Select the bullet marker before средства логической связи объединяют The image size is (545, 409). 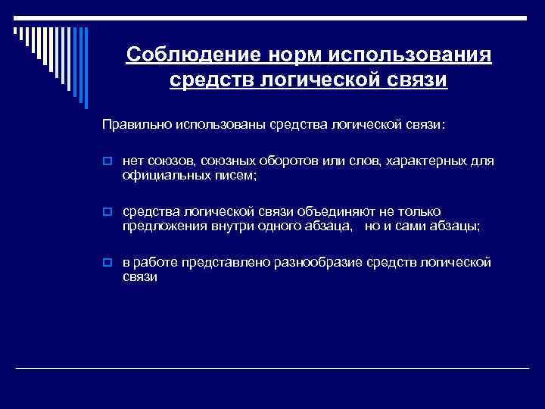tap(108, 212)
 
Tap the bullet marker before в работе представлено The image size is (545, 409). tap(108, 262)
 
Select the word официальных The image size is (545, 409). tap(158, 175)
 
